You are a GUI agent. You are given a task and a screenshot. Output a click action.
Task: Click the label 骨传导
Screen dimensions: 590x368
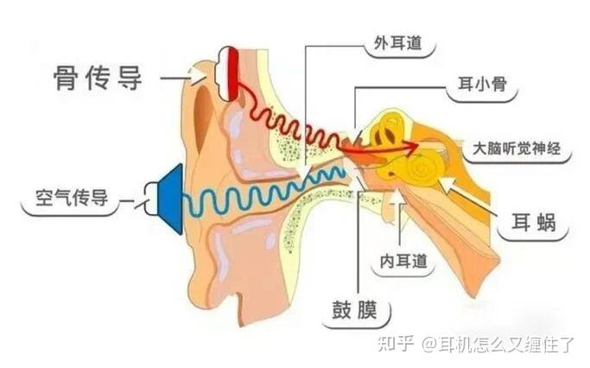tap(98, 78)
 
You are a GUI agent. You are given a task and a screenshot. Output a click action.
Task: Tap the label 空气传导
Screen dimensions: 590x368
tap(72, 198)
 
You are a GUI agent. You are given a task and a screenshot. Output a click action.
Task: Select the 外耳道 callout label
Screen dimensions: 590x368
tap(398, 43)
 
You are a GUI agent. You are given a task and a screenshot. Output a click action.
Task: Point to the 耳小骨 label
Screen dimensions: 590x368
tap(483, 84)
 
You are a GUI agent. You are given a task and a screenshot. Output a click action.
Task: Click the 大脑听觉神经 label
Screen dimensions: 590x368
tap(517, 149)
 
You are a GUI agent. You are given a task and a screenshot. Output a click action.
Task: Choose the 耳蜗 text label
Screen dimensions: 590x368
tap(534, 222)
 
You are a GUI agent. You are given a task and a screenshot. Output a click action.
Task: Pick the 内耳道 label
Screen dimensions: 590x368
tap(403, 261)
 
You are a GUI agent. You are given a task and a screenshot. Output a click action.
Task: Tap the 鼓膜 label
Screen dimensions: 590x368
tap(354, 310)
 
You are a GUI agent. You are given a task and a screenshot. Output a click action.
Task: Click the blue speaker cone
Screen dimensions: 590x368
tap(170, 199)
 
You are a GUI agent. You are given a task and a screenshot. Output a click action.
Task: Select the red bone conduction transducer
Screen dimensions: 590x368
tap(233, 74)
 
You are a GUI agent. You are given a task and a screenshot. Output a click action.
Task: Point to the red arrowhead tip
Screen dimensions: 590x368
tap(419, 144)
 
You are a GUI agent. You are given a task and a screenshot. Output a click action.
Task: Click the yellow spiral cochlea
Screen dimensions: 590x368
tap(425, 168)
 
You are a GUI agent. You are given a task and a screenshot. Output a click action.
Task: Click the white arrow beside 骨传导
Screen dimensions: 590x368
tap(199, 75)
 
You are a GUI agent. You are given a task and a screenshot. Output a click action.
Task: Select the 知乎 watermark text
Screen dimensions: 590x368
tap(396, 344)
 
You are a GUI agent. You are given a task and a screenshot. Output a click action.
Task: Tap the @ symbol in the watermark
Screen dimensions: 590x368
tap(429, 344)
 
